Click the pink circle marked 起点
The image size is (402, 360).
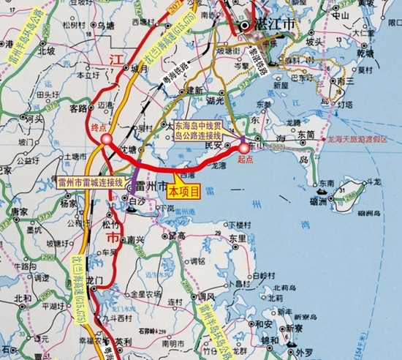tap(243, 149)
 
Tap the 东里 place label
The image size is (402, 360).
tap(236, 239)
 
